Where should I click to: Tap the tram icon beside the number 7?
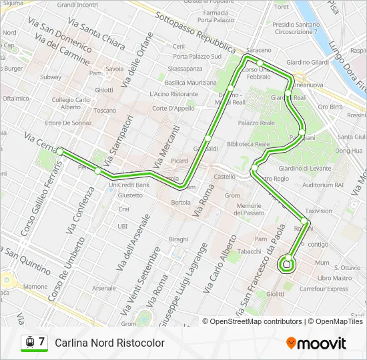click(29, 342)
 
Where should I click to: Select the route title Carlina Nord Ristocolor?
click(109, 343)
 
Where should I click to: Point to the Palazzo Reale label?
click(256, 123)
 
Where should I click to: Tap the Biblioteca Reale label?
click(248, 143)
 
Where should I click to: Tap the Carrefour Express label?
click(324, 289)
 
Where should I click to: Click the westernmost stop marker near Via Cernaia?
click(60, 151)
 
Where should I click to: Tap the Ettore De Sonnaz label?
click(68, 123)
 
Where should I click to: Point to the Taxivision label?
click(318, 211)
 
